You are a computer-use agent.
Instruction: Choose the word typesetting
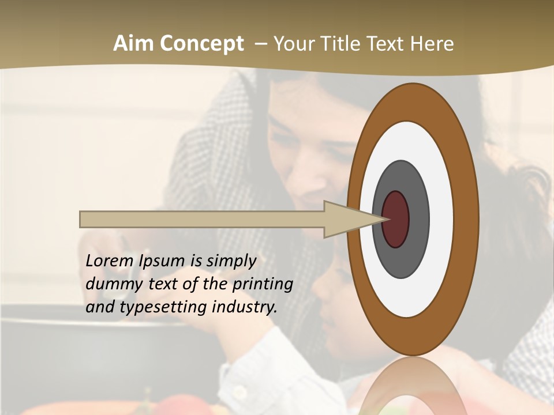click(154, 307)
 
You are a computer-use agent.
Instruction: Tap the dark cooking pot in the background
click(87, 346)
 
